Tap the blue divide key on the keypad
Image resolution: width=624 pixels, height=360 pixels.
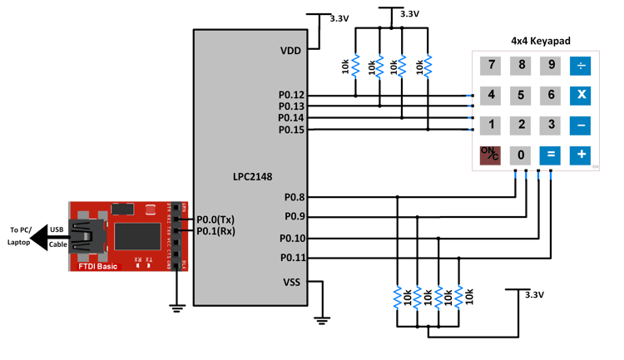click(581, 66)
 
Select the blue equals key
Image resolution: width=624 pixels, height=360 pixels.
click(550, 155)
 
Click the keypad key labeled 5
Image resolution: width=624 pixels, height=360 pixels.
click(521, 95)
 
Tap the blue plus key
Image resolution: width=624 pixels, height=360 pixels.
click(581, 155)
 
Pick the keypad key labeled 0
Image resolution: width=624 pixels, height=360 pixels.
click(521, 155)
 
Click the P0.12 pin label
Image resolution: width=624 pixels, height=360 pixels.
click(291, 95)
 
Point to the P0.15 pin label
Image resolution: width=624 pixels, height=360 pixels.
click(291, 130)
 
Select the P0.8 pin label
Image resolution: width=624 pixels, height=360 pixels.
click(295, 197)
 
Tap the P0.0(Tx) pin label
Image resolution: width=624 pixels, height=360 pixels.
click(215, 219)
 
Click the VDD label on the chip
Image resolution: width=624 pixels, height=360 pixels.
click(290, 51)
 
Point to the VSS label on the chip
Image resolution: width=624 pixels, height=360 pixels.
click(291, 282)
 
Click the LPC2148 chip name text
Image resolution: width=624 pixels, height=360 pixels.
click(252, 176)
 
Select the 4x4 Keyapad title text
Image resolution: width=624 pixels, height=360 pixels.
click(541, 40)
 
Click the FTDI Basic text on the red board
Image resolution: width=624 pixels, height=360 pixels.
click(97, 265)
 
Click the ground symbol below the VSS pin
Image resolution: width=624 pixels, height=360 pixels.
click(321, 319)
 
